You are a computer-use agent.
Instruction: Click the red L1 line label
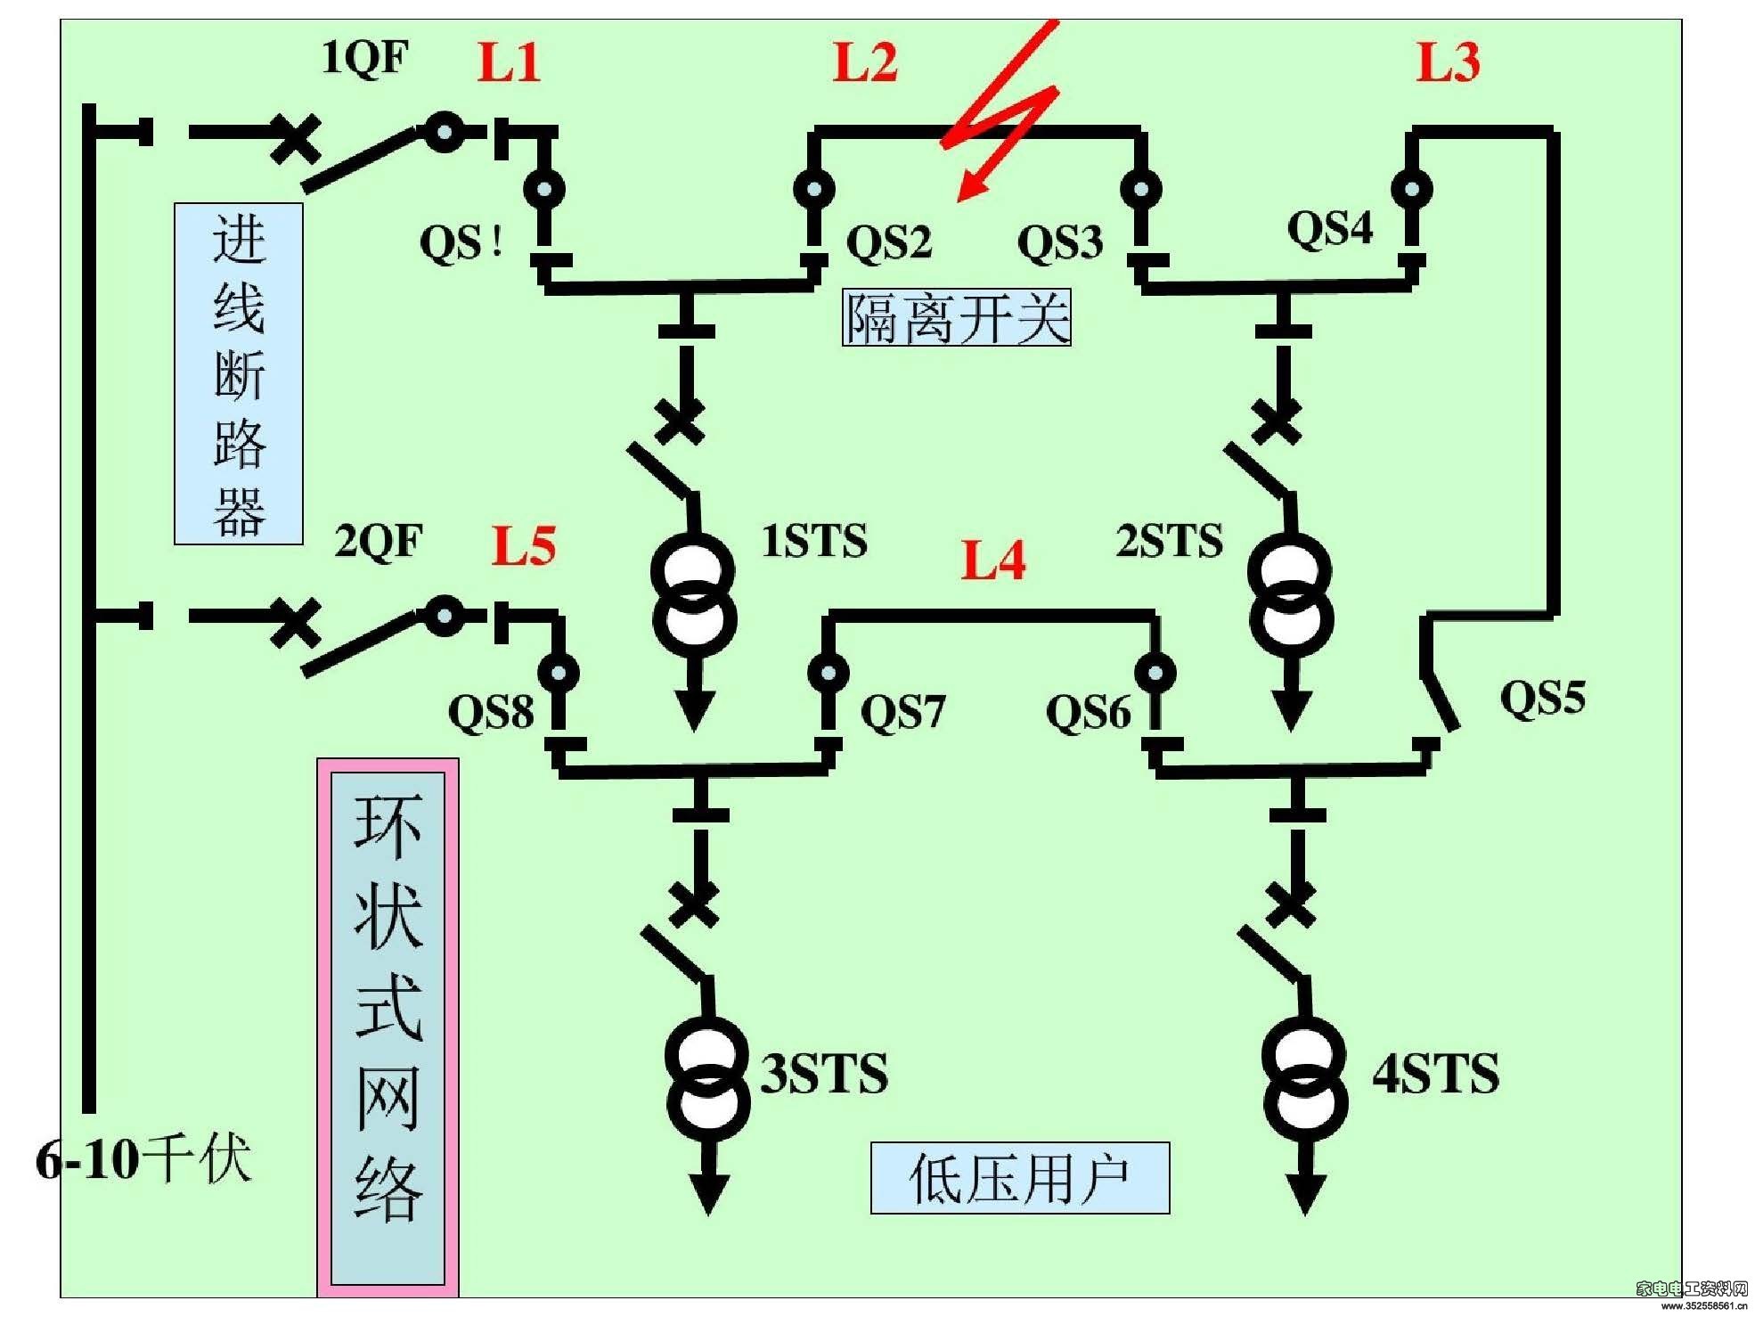[x=509, y=62]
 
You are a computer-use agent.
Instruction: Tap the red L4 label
[x=993, y=560]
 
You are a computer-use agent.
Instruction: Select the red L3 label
[x=1449, y=62]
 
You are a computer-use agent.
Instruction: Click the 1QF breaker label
[x=364, y=58]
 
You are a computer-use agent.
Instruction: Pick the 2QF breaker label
[x=379, y=541]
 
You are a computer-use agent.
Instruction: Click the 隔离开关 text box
[x=957, y=318]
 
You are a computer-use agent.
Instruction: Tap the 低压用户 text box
[x=1020, y=1178]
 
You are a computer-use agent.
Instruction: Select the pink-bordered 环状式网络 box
[x=388, y=1027]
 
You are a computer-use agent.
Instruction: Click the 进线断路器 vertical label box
[x=239, y=373]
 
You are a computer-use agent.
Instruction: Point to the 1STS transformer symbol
[x=694, y=596]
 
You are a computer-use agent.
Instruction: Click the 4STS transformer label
[x=1435, y=1073]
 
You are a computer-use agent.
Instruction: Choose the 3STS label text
[x=824, y=1073]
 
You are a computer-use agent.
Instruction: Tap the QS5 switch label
[x=1543, y=697]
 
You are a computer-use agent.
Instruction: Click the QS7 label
[x=902, y=712]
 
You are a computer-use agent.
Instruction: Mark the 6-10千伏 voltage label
[x=143, y=1159]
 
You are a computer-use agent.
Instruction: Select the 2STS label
[x=1170, y=541]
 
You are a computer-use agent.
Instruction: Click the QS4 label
[x=1330, y=228]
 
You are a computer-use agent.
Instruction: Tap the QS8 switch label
[x=491, y=712]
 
